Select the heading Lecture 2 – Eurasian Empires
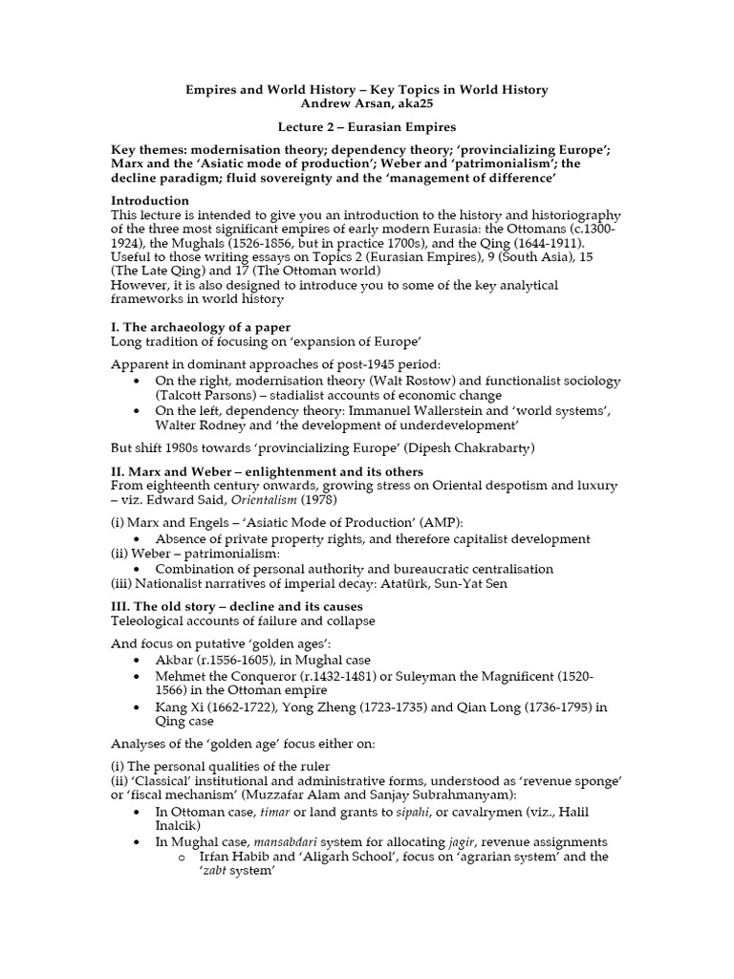366,127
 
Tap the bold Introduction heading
151,201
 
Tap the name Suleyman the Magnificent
483,676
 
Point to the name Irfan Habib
239,858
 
